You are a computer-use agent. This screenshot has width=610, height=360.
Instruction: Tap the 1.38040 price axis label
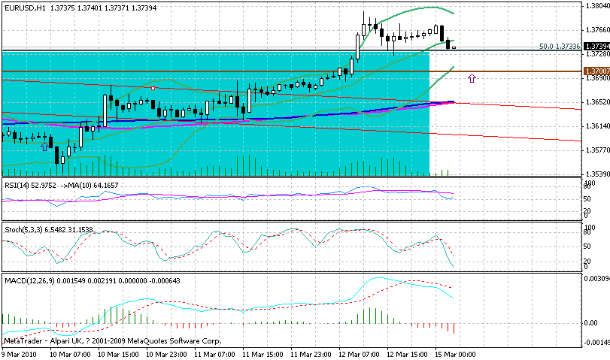[x=595, y=6]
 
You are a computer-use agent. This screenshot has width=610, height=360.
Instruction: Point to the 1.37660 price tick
[x=595, y=30]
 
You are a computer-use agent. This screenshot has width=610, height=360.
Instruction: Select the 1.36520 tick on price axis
[x=595, y=101]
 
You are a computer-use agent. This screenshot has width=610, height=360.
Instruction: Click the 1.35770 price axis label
[x=595, y=150]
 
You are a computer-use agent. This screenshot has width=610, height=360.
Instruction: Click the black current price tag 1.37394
[x=596, y=47]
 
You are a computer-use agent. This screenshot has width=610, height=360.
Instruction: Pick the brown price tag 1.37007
[x=596, y=71]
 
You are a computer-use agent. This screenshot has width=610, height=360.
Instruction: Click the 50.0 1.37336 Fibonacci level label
[x=560, y=47]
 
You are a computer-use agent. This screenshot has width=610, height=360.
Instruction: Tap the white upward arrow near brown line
[x=472, y=77]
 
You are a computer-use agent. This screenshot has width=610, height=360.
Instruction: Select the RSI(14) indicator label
[x=18, y=185]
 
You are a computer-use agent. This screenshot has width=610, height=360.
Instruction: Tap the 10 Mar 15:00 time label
[x=117, y=353]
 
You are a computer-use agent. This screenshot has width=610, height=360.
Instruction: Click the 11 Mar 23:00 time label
[x=311, y=353]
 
